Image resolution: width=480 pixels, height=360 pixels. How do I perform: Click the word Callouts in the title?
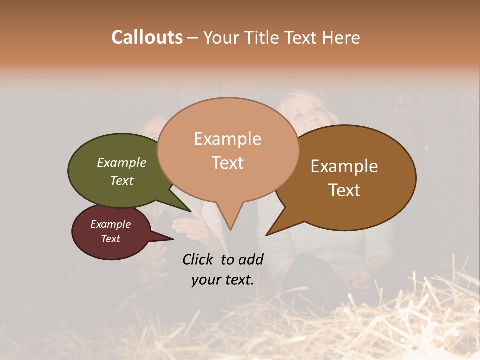[x=147, y=37]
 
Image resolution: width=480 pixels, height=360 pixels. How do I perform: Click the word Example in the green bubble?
[x=122, y=162]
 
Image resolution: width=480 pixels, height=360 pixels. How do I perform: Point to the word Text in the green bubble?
[x=122, y=180]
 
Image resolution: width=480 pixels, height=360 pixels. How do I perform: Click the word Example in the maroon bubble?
[x=110, y=224]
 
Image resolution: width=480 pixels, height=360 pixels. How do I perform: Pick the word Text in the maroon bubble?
[x=110, y=239]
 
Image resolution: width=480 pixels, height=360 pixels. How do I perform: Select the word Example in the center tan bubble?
[x=227, y=139]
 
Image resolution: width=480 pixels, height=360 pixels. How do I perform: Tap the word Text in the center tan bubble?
[x=227, y=162]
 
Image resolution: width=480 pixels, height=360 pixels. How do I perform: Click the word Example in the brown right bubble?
[x=344, y=166]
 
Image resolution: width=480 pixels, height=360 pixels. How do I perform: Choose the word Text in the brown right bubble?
[x=344, y=190]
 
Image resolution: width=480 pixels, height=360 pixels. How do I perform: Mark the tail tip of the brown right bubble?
[x=267, y=235]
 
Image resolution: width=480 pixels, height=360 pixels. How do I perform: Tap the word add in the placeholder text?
[x=251, y=259]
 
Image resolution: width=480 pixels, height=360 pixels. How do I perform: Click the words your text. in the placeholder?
[x=222, y=280]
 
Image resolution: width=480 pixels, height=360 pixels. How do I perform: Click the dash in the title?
[x=193, y=37]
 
